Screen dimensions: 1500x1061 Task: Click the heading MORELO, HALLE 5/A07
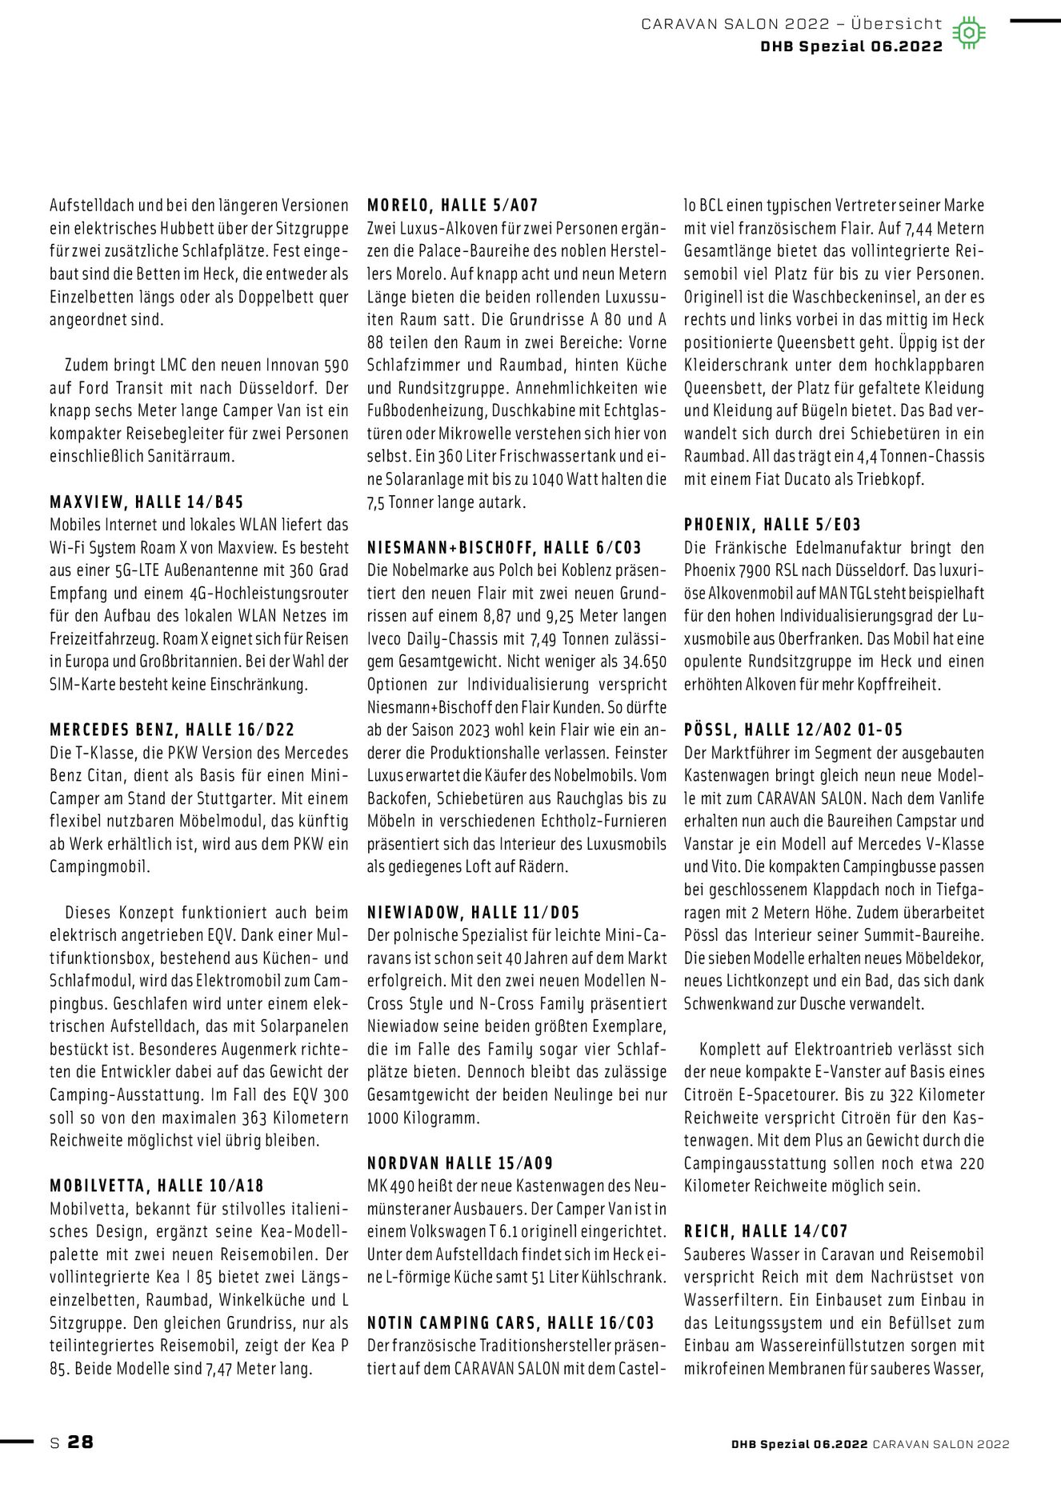(452, 206)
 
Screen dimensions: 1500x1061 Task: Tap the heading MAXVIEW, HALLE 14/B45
(146, 502)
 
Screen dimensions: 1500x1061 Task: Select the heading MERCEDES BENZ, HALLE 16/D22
(172, 730)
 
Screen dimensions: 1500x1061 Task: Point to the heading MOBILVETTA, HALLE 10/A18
(157, 1186)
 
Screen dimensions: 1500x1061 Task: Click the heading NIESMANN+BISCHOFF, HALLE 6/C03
(504, 548)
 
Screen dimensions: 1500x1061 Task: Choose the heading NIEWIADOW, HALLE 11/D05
(473, 912)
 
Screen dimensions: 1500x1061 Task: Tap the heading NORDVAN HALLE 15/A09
(460, 1163)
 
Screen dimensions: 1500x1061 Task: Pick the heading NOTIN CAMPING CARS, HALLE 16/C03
(510, 1322)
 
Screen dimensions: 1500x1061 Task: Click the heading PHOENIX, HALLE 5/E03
(772, 525)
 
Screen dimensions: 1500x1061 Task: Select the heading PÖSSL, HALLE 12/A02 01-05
(794, 730)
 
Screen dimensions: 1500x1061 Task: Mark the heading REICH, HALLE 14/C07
(766, 1231)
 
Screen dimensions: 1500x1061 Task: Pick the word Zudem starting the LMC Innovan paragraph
(87, 366)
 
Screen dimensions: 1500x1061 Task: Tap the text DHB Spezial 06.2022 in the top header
(851, 46)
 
